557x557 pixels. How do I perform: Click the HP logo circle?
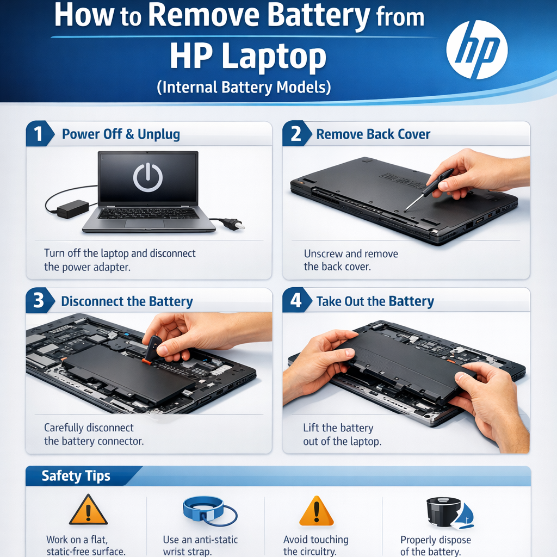pos(476,49)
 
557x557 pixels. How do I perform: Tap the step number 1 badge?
pos(39,134)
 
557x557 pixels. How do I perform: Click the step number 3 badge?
pos(39,300)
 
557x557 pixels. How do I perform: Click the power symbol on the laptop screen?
pos(148,177)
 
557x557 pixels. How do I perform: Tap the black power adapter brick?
pos(73,209)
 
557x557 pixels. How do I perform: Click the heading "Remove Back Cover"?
pos(373,134)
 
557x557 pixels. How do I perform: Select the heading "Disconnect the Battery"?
pos(127,301)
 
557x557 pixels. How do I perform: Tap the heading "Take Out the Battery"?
pos(375,301)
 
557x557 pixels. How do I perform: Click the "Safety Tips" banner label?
pos(76,475)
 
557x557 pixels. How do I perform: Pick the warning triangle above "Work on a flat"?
pos(88,510)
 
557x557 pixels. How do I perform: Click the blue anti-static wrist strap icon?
pos(209,511)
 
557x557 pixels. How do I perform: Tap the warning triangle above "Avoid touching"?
pos(317,511)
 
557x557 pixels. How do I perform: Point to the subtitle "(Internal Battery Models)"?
pos(244,88)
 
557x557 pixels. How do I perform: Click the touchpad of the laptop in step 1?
pos(145,224)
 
